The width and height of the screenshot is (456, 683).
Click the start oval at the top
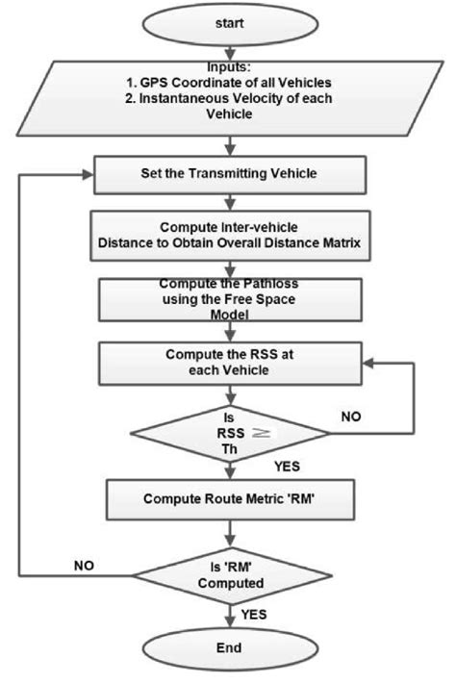click(x=228, y=20)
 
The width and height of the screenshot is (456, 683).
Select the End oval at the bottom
click(x=228, y=647)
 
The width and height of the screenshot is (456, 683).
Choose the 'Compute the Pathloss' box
click(x=228, y=299)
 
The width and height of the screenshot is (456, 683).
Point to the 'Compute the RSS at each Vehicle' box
click(x=228, y=361)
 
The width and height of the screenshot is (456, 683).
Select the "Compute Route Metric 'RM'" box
click(x=228, y=498)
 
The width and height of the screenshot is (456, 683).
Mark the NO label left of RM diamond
click(x=86, y=566)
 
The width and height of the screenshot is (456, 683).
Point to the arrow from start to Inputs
click(x=228, y=49)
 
